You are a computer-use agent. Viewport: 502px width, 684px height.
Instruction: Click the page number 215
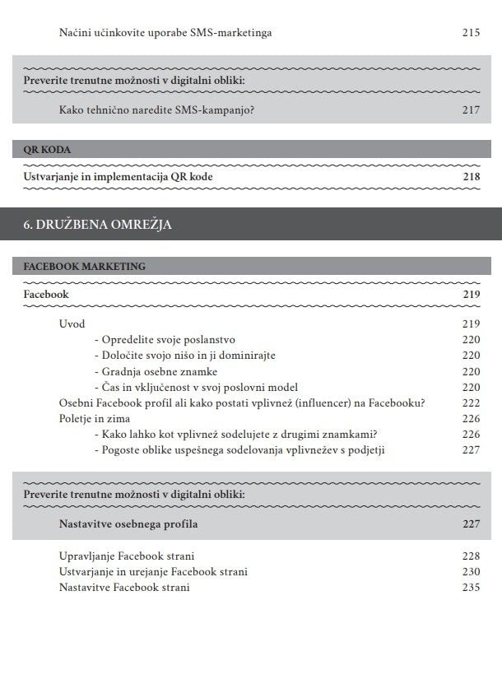pos(470,33)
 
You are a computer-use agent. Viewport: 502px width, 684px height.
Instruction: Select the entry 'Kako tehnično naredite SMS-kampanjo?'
pos(156,109)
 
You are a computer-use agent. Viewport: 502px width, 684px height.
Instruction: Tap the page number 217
pos(470,109)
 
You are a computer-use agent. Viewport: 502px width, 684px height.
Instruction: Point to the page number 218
pos(470,177)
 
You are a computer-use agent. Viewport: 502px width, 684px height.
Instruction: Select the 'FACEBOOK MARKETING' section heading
pos(85,267)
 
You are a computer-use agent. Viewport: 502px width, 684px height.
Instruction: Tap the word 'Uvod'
pos(72,323)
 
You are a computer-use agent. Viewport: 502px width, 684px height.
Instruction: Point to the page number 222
pos(470,402)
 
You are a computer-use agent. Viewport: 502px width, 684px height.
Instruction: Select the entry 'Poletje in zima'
pos(95,418)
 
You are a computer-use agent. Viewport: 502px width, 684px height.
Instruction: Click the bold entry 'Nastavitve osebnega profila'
pos(128,523)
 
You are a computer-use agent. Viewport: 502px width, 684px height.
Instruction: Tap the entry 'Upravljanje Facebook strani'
pos(127,556)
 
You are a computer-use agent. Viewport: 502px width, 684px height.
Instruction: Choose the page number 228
pos(470,556)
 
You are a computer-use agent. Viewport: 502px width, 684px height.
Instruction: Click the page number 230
pos(470,571)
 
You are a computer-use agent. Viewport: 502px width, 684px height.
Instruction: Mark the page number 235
pos(470,587)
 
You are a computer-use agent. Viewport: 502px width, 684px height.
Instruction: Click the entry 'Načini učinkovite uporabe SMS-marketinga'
pos(165,33)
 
